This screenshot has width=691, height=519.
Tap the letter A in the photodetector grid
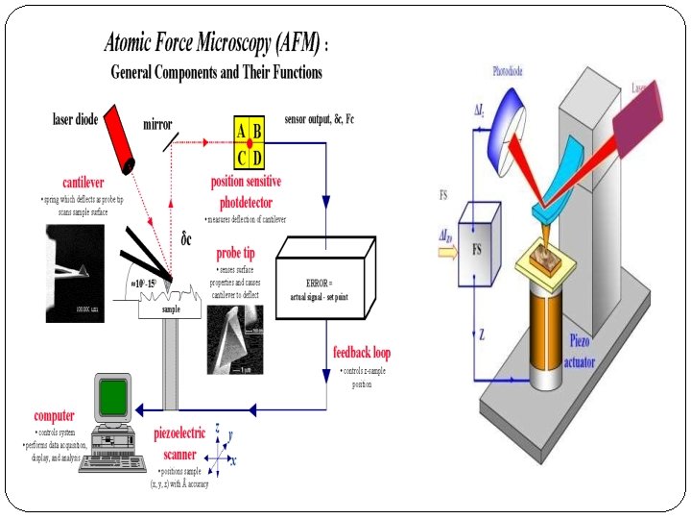click(241, 131)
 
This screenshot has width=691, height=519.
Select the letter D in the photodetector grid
click(258, 158)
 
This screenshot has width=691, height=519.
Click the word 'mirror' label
click(157, 124)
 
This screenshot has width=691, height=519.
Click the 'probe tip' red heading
click(235, 253)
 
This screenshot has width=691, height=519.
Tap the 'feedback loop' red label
click(362, 353)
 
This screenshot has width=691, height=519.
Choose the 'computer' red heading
click(55, 415)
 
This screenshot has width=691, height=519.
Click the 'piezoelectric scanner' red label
click(179, 444)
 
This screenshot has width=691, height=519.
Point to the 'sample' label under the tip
click(171, 310)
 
